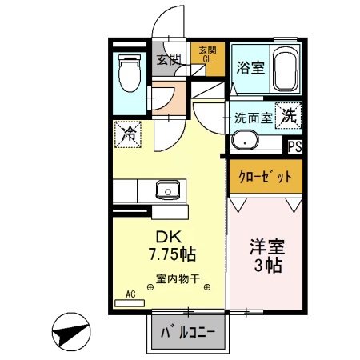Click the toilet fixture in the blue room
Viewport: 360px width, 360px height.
pyautogui.click(x=128, y=73)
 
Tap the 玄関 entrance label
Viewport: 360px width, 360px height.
pyautogui.click(x=169, y=58)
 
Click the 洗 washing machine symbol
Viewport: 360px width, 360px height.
pyautogui.click(x=287, y=114)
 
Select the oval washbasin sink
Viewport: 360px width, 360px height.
pyautogui.click(x=244, y=142)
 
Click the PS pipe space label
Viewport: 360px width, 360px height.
pyautogui.click(x=295, y=146)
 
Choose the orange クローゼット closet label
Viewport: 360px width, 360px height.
pyautogui.click(x=265, y=177)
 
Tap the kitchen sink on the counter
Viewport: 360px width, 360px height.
pyautogui.click(x=167, y=190)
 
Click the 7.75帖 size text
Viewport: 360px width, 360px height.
pyautogui.click(x=173, y=254)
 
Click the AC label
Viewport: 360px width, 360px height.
pyautogui.click(x=130, y=294)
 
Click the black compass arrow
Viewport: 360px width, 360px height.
pyautogui.click(x=70, y=329)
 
